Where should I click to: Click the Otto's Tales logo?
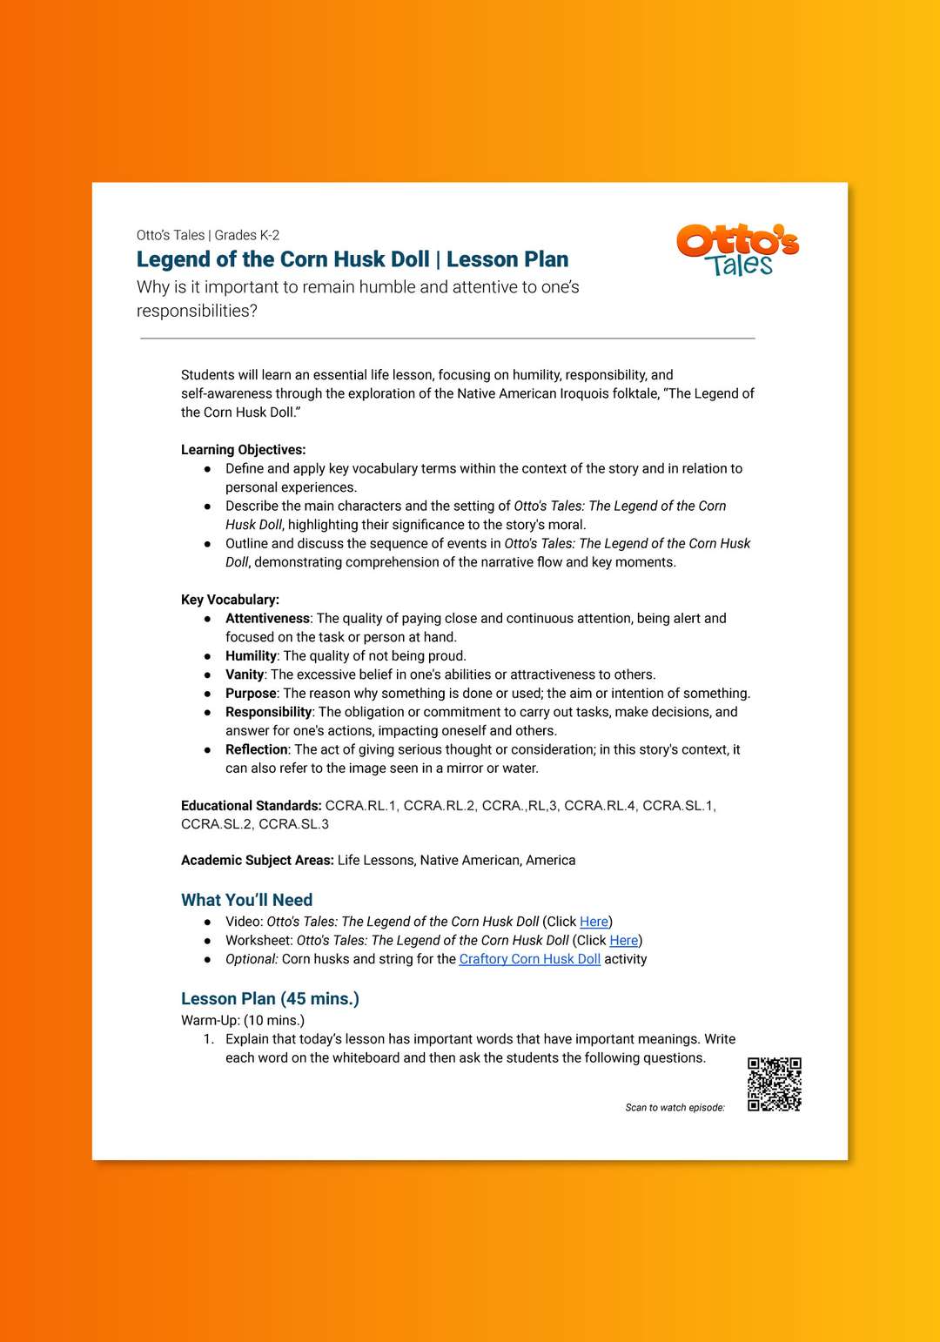click(737, 250)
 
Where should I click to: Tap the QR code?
click(774, 1084)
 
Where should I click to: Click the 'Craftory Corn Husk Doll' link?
click(529, 959)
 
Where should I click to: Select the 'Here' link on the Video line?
click(594, 922)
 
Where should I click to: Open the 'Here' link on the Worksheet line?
click(623, 941)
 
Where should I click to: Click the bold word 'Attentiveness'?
click(267, 619)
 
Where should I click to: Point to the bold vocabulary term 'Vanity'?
click(245, 674)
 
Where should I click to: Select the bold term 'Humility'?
click(251, 656)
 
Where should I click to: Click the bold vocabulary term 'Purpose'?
click(251, 694)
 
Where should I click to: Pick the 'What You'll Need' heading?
click(246, 900)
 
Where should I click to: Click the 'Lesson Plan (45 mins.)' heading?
click(270, 998)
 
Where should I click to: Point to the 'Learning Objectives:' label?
click(243, 450)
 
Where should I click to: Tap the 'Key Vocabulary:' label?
click(230, 600)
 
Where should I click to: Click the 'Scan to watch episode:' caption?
click(675, 1108)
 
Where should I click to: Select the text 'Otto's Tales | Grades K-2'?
click(208, 235)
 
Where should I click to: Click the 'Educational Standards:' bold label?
click(251, 806)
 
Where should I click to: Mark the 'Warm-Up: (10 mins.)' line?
click(243, 1020)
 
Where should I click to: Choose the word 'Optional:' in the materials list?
click(252, 959)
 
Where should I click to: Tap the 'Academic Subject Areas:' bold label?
click(257, 861)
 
